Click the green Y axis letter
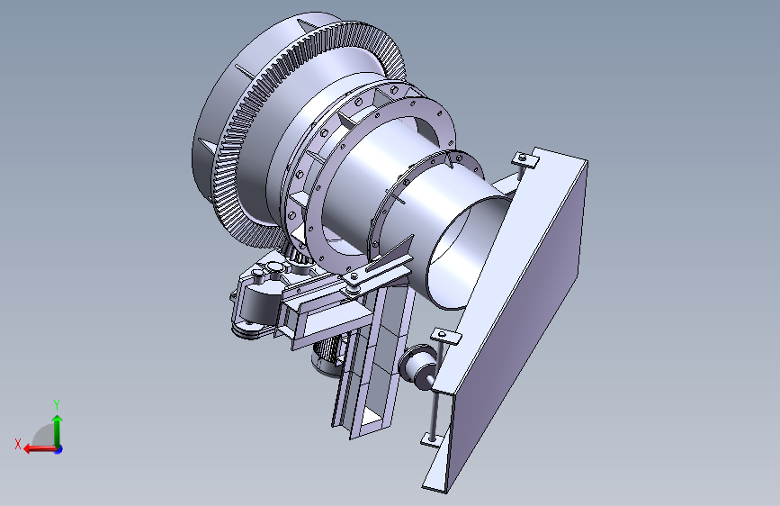click(57, 404)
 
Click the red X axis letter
click(18, 444)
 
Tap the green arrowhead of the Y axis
click(58, 420)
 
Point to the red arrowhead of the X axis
click(28, 448)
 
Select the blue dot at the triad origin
click(58, 449)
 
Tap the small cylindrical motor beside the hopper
click(417, 366)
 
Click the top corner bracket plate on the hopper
click(525, 160)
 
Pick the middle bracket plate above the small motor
click(445, 336)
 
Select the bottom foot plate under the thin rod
click(431, 439)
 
